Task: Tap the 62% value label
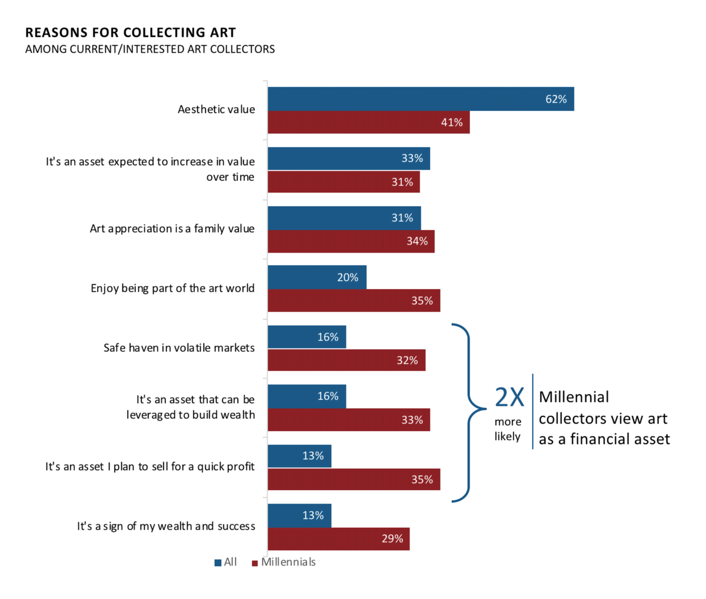click(x=555, y=99)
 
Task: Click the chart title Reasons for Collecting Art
click(x=131, y=32)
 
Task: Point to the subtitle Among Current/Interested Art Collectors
click(x=150, y=49)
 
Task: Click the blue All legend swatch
click(x=218, y=562)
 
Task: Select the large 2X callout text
click(x=509, y=398)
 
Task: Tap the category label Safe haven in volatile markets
click(x=179, y=348)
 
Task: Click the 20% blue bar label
click(x=348, y=277)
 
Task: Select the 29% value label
click(x=392, y=539)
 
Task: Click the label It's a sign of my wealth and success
click(x=166, y=526)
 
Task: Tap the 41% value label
click(x=452, y=123)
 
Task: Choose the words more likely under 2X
click(x=507, y=429)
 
